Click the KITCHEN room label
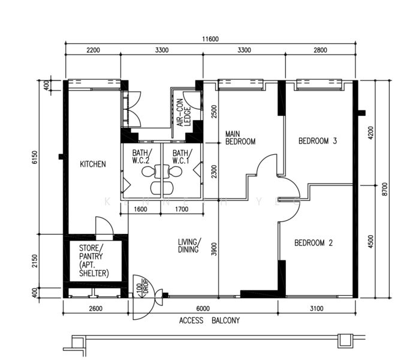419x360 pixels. click(93, 164)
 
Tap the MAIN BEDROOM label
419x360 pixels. click(240, 137)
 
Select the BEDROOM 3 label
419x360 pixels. click(318, 140)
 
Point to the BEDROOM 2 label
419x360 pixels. click(314, 242)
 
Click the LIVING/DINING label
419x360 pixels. click(189, 245)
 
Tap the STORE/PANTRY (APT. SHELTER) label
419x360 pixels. click(94, 260)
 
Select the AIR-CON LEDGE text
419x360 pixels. click(184, 113)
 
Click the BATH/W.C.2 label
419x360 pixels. click(142, 157)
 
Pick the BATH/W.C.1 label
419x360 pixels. click(182, 157)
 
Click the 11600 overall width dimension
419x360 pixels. click(210, 39)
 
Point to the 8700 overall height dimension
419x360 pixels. click(384, 189)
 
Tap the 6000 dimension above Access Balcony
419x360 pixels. click(203, 308)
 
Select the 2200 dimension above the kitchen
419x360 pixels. click(94, 50)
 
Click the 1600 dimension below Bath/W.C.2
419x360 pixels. click(140, 209)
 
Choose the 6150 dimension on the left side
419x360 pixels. click(35, 158)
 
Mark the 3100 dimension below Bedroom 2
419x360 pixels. click(316, 308)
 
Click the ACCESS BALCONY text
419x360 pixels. click(210, 320)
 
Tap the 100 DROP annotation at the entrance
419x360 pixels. click(142, 289)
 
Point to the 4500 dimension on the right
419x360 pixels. click(370, 242)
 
